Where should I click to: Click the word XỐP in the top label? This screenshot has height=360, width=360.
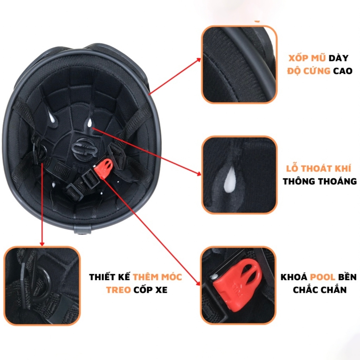298,58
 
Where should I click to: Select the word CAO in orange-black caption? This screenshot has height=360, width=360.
343,71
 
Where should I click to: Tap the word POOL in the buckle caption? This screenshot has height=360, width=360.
323,277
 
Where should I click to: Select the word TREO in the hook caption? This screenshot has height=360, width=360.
118,290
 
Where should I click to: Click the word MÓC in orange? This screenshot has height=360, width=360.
172,277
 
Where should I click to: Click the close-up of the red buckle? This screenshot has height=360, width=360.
238,285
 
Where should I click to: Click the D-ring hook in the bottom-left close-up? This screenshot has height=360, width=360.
44,284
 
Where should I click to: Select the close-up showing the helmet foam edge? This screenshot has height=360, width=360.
239,65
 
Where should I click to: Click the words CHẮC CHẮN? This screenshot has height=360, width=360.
320,290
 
